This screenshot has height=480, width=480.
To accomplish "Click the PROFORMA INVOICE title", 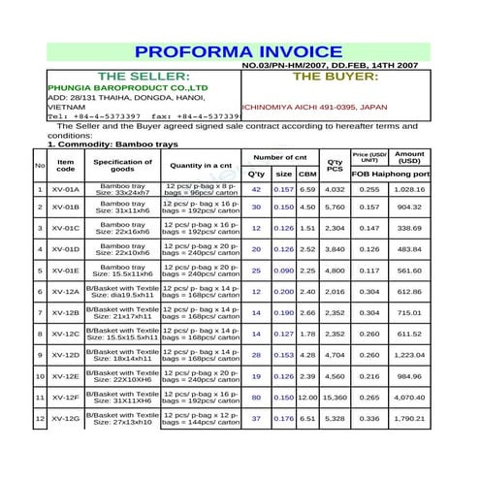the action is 239,51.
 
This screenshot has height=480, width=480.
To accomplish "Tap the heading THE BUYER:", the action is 335,75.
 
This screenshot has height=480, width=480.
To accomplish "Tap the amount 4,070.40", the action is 409,398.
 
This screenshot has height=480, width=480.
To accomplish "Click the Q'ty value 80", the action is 256,398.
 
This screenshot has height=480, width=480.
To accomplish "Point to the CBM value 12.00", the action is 307,398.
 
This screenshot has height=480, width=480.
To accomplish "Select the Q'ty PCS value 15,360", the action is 335,398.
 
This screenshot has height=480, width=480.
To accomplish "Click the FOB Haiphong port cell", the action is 389,174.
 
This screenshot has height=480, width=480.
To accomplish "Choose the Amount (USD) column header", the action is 409,157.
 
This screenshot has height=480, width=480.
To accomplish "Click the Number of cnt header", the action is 280,156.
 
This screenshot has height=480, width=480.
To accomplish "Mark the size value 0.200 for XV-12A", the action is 283,292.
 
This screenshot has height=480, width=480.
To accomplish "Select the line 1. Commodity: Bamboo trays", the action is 112,144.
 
